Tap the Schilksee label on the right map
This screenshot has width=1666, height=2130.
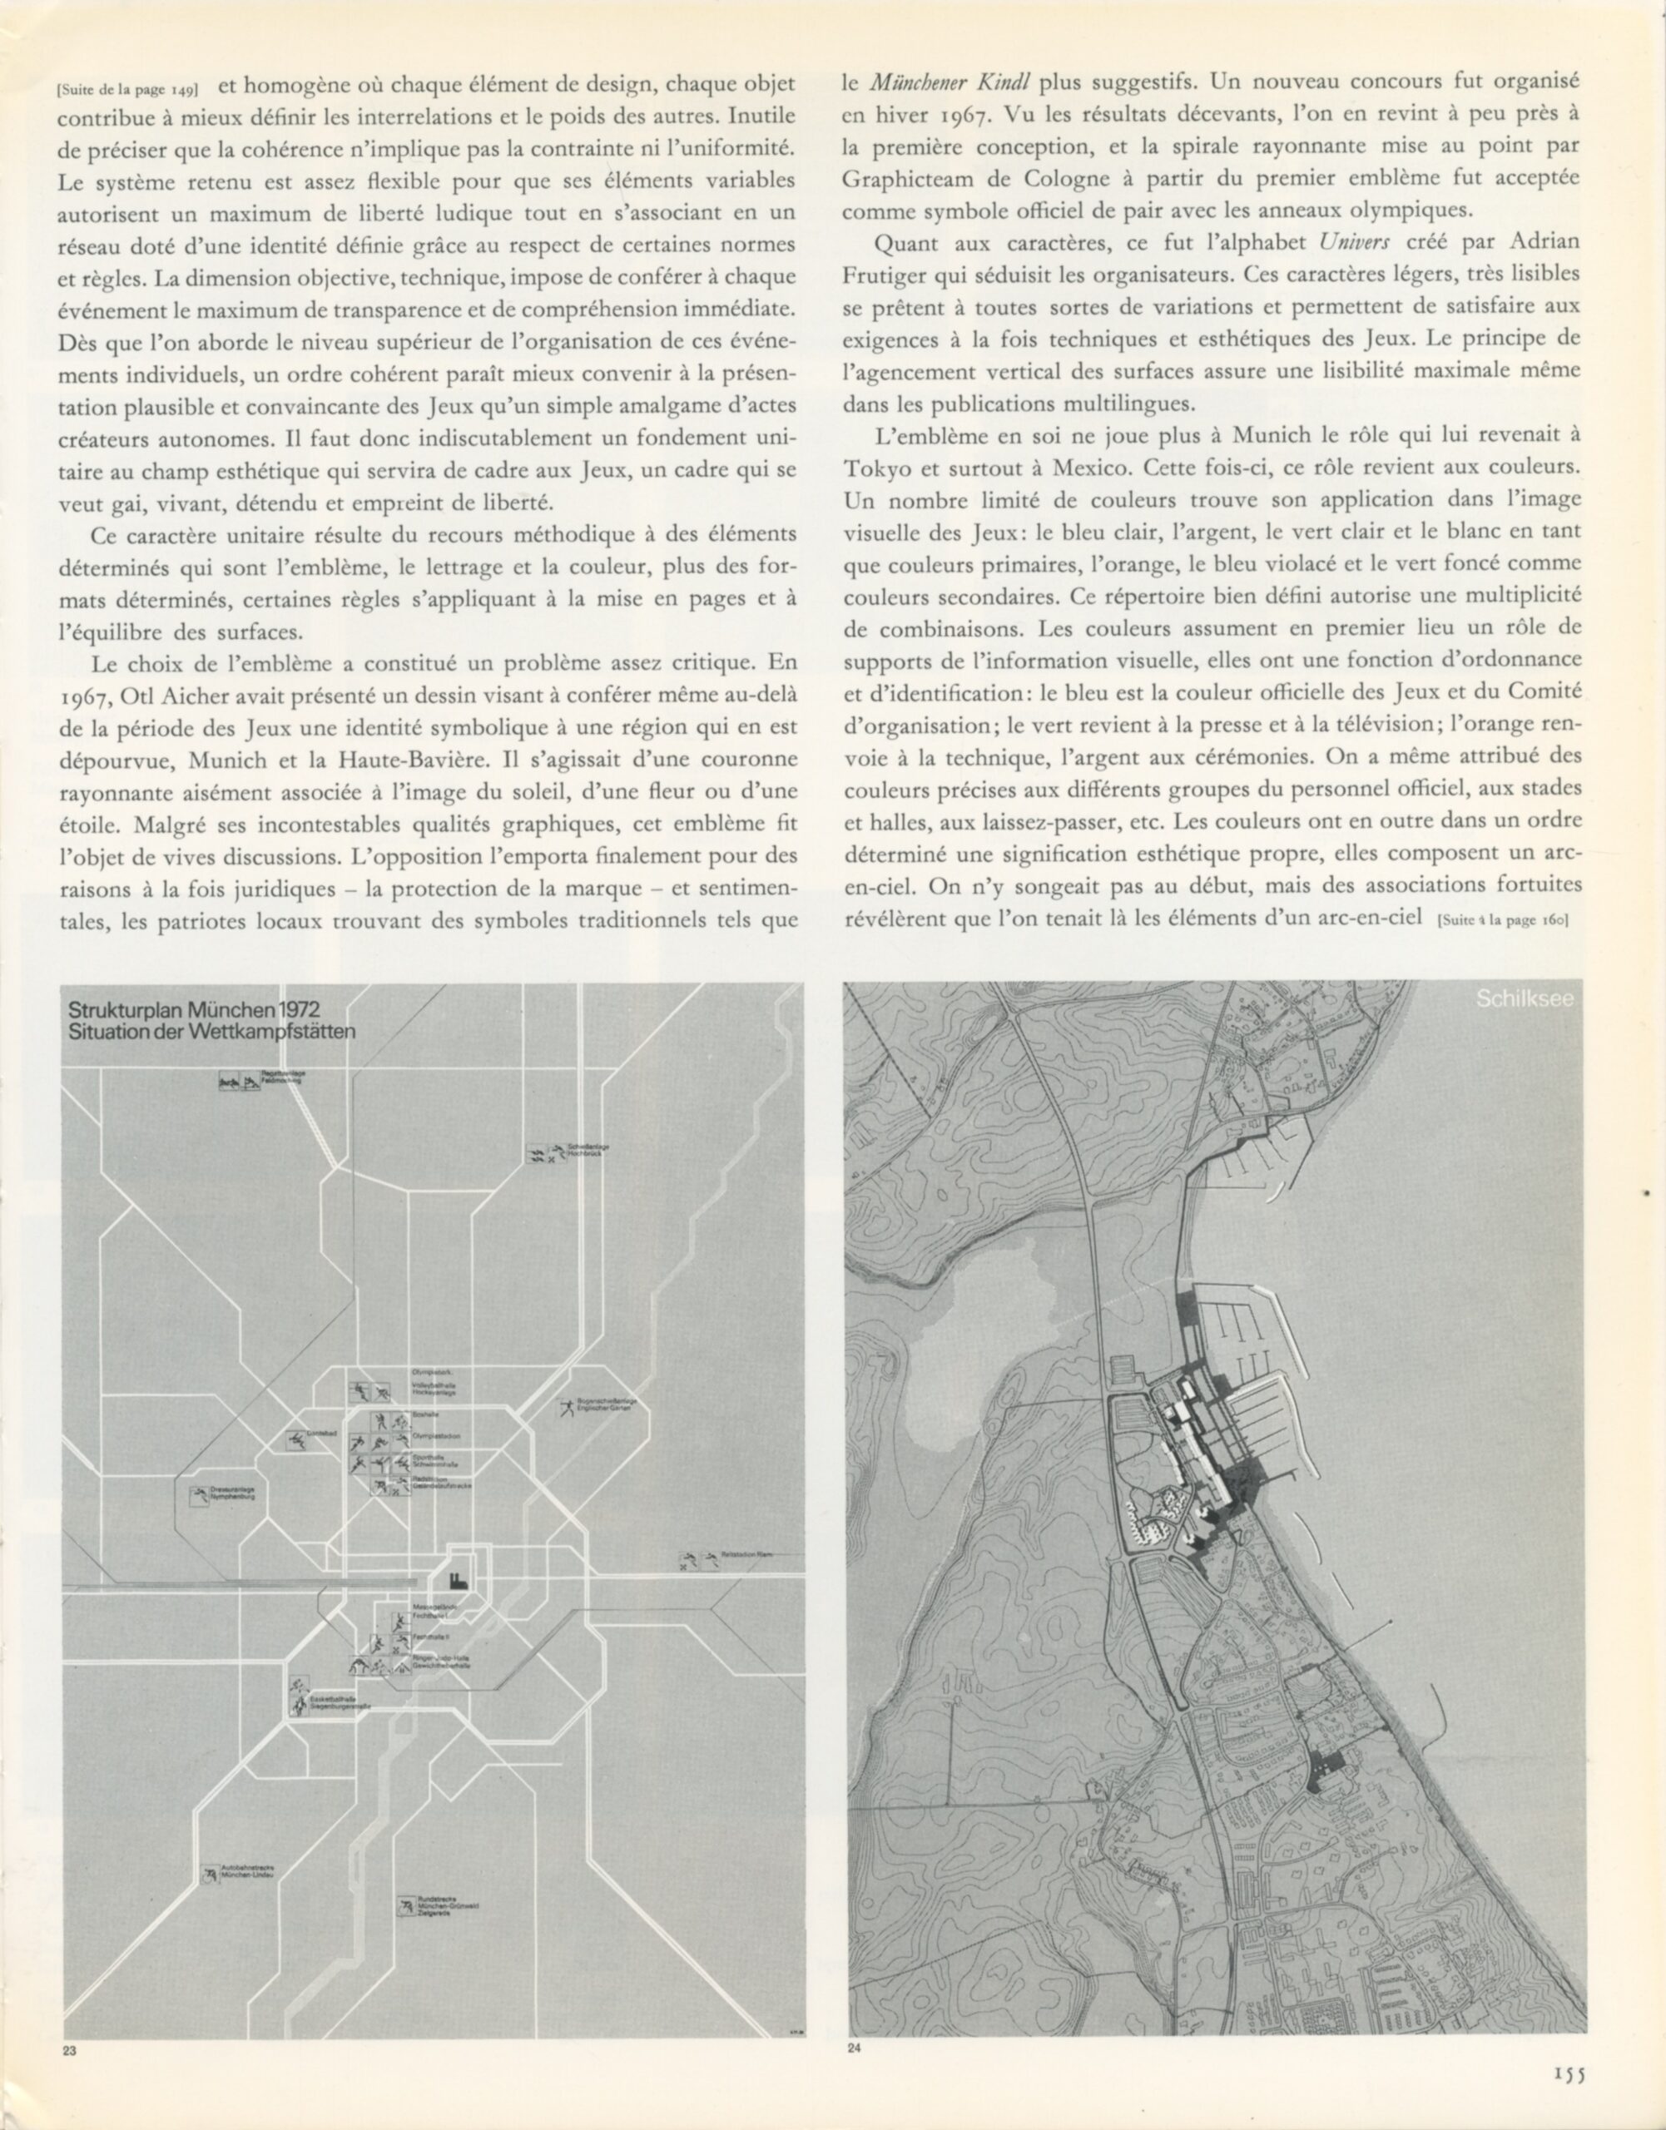(x=1525, y=999)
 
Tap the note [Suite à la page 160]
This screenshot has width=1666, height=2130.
(x=1503, y=918)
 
